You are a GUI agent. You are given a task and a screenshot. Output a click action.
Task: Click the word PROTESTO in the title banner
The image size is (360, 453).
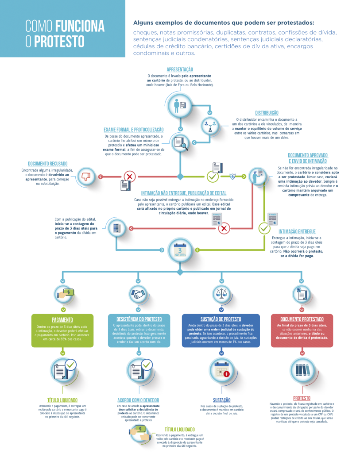coord(66,42)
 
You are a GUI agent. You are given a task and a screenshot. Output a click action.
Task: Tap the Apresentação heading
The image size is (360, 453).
coord(180,70)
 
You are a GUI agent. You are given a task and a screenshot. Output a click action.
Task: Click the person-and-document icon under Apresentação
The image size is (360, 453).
coord(181,105)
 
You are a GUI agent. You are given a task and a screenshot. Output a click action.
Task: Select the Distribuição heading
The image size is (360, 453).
coord(267,113)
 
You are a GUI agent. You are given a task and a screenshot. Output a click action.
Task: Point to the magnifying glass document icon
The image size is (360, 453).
coord(181,143)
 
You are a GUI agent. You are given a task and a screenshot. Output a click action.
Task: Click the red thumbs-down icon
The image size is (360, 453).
coord(85,177)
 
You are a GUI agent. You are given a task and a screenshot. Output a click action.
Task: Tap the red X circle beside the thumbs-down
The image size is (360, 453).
coord(129,177)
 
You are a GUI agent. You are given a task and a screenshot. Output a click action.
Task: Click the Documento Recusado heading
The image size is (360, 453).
coord(47,163)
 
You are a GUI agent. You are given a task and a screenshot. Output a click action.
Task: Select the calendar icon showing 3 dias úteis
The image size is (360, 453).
coord(180,250)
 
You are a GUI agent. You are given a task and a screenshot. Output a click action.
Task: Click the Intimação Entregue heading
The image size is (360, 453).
coord(297,231)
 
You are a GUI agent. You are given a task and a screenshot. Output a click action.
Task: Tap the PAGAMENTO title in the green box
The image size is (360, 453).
coord(62,319)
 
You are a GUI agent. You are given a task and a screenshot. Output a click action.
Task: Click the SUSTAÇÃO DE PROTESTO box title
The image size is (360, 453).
coord(220,319)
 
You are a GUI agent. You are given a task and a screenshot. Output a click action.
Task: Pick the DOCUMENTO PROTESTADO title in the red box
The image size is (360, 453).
coord(302,319)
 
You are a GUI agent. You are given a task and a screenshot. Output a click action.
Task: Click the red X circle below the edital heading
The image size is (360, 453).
coord(225,228)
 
